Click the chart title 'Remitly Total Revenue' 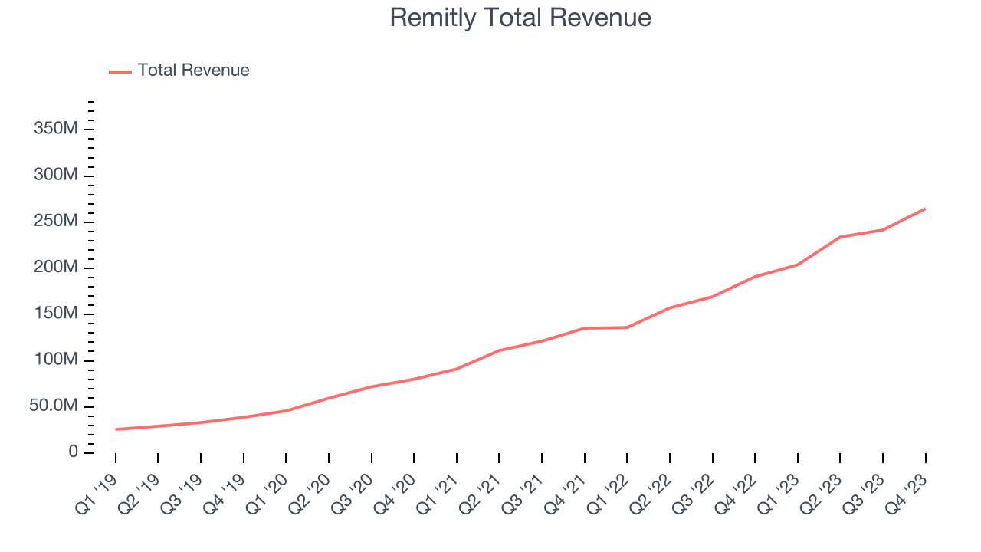click(520, 18)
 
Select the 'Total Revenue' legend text click(193, 71)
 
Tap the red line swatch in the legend click(120, 71)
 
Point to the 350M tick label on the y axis click(55, 129)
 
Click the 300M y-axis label click(55, 175)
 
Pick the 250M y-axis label click(55, 221)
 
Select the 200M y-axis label click(55, 268)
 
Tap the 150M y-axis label click(55, 314)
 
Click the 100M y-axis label click(55, 360)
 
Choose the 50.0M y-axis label click(54, 406)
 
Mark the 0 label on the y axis click(73, 452)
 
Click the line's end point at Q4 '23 click(925, 209)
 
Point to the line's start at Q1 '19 click(116, 429)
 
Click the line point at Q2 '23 click(840, 237)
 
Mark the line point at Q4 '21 click(585, 328)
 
